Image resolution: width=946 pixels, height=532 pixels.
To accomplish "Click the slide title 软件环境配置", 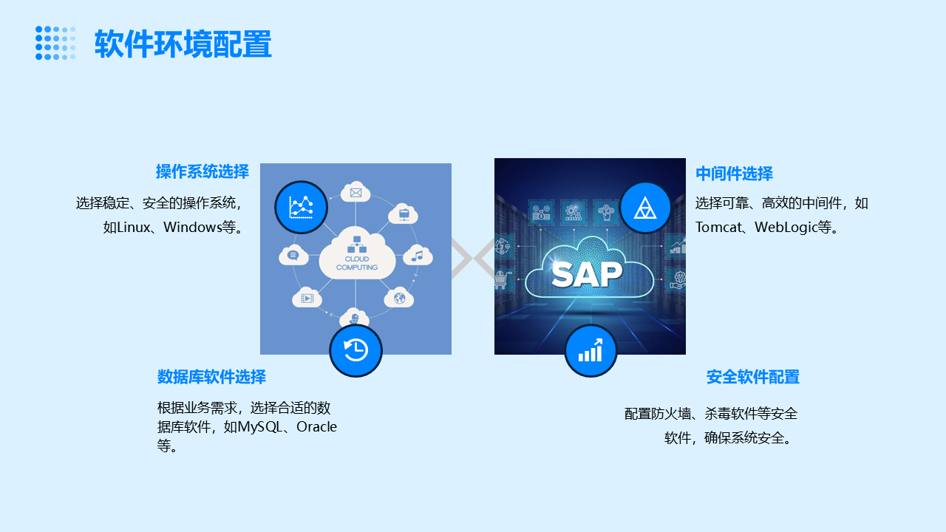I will click(x=183, y=44).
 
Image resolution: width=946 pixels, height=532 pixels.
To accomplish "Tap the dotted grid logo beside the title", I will click(x=55, y=43).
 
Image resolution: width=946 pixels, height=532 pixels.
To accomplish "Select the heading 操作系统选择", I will click(x=202, y=171).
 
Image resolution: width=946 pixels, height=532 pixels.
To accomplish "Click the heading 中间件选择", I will click(x=734, y=174).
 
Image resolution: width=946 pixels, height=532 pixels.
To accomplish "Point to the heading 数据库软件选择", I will click(x=211, y=377).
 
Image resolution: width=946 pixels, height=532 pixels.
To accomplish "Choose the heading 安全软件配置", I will click(x=752, y=377).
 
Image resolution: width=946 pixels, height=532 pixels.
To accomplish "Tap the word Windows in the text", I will click(x=192, y=227).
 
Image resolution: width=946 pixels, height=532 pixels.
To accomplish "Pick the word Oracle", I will click(x=316, y=427).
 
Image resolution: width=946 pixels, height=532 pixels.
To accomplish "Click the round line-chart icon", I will click(x=301, y=207).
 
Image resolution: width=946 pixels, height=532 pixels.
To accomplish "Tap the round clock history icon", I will click(x=355, y=350).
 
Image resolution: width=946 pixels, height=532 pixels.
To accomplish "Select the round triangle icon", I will click(x=645, y=208).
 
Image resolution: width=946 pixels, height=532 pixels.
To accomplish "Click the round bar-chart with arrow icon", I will click(x=591, y=350).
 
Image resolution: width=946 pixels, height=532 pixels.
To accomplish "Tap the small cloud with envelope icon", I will click(x=355, y=192).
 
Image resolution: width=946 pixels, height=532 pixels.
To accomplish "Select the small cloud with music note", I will click(x=418, y=256).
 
